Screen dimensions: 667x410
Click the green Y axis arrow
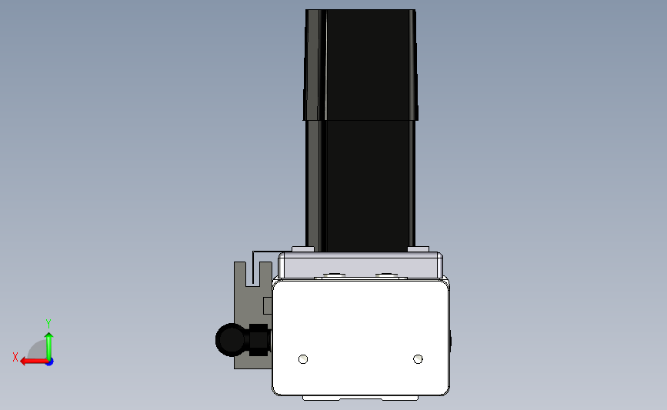coord(49,346)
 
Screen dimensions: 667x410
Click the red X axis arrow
coord(34,362)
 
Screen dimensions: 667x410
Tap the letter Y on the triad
coord(48,324)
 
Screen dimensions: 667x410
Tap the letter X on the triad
coord(15,357)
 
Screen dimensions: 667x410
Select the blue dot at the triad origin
coord(50,362)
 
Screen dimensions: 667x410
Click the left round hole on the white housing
coord(303,359)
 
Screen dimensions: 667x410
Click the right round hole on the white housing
coord(419,359)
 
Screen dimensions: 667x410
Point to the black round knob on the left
coord(232,340)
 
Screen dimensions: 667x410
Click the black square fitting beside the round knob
coord(258,340)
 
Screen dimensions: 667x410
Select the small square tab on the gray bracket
coord(268,306)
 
